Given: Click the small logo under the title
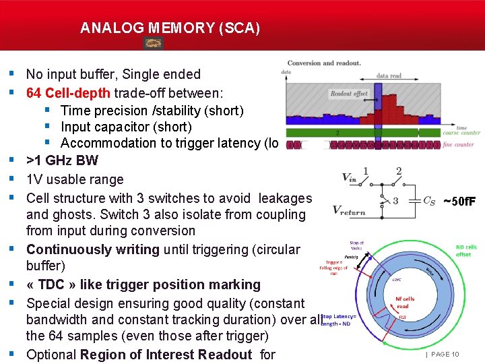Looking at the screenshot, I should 154,43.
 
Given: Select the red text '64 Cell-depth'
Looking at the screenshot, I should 69,92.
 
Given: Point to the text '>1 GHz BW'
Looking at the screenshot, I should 62,160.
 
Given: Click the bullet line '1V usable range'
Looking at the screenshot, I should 75,179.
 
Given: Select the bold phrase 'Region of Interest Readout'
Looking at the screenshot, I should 166,355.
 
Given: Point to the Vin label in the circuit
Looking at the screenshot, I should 350,177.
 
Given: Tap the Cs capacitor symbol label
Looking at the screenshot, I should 428,200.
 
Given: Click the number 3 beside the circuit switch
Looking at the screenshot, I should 395,200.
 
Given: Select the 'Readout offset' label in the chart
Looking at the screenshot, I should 349,94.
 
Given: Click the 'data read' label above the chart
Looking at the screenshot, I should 389,76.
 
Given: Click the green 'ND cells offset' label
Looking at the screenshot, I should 466,251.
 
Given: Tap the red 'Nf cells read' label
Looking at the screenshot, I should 405,301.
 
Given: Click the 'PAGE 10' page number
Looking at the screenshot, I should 445,354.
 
